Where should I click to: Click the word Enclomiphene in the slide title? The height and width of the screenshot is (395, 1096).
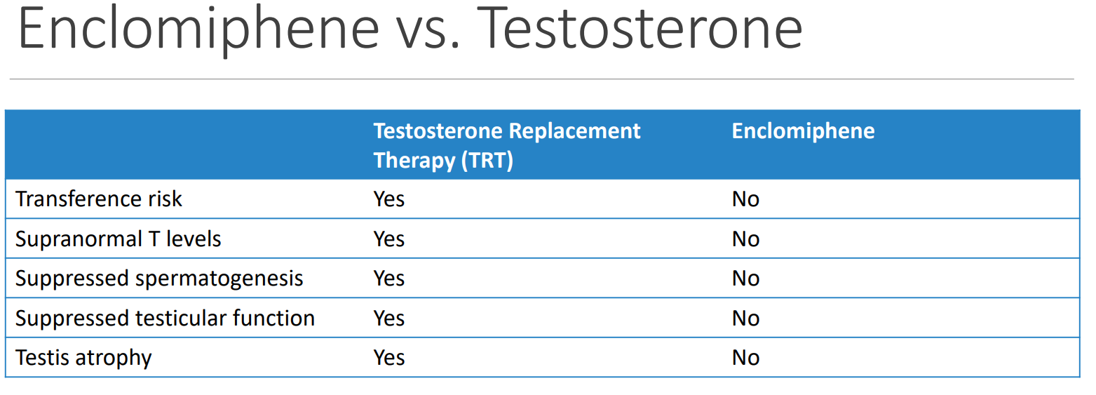click(198, 29)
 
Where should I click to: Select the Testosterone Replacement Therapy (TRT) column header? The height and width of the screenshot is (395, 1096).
click(506, 145)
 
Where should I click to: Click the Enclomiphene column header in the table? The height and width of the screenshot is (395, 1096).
click(803, 131)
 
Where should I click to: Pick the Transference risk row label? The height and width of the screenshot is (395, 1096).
click(98, 199)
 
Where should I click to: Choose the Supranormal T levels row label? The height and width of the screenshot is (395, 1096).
click(118, 239)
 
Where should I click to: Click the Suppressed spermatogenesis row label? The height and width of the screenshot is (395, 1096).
click(159, 279)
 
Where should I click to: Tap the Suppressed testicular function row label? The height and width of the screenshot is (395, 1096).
click(165, 318)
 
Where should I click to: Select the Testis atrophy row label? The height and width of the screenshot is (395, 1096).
click(83, 358)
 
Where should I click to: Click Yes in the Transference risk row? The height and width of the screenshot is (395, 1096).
click(389, 199)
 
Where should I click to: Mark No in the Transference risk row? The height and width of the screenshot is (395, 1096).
click(745, 199)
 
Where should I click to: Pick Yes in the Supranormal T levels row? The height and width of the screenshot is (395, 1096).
click(389, 239)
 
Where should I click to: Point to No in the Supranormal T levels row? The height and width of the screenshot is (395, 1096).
click(745, 239)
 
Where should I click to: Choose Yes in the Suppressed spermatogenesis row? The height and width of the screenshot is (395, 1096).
click(389, 279)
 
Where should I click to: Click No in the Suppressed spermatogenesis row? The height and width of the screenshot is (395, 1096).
click(745, 279)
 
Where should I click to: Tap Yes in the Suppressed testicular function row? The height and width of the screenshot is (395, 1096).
click(389, 319)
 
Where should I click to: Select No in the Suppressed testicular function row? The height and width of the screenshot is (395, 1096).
click(745, 319)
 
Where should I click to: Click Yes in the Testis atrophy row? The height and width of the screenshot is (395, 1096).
click(389, 358)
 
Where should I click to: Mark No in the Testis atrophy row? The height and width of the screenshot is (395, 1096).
click(745, 358)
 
